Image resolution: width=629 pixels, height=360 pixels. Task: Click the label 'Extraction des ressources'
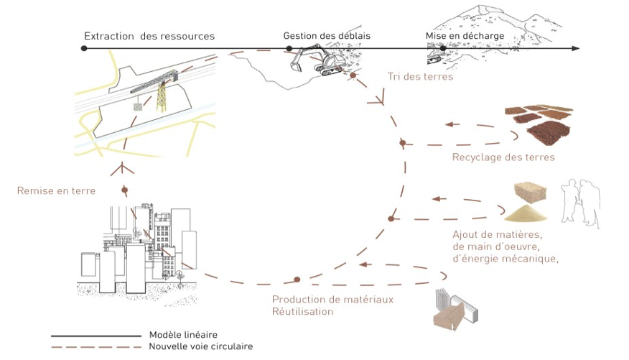click(149, 36)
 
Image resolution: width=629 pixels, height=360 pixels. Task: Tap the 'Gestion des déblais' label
click(327, 36)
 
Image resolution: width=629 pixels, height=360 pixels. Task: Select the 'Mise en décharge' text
click(465, 36)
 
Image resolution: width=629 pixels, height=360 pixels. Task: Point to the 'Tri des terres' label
click(420, 77)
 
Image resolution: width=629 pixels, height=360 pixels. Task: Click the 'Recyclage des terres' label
click(503, 157)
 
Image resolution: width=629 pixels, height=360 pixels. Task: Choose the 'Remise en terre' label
click(56, 190)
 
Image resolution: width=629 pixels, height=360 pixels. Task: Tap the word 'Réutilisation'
click(302, 311)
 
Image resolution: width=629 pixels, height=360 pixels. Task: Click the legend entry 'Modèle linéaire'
click(183, 335)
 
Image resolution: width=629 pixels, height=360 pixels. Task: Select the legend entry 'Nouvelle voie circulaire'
click(201, 346)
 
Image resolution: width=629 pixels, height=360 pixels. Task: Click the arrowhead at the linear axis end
click(576, 48)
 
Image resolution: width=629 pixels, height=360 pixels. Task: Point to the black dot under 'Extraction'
click(84, 48)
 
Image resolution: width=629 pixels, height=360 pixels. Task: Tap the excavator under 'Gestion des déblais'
click(317, 60)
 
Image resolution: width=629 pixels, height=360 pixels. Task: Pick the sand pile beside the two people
click(526, 213)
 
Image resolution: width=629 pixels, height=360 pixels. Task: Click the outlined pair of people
click(580, 203)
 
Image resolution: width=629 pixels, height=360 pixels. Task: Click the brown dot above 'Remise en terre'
click(125, 190)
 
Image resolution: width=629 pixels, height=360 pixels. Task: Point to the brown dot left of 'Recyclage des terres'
click(403, 143)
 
